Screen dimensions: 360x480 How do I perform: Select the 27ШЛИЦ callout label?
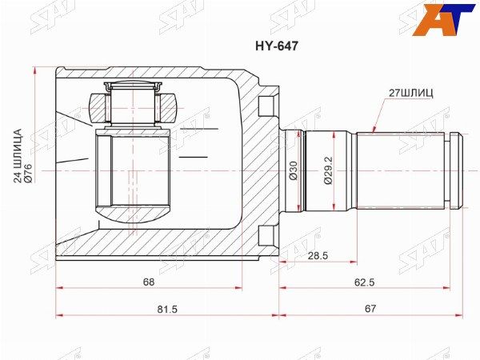click(x=411, y=94)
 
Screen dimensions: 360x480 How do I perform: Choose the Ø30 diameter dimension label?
click(x=294, y=171)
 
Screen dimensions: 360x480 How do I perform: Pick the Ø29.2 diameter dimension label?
click(x=328, y=171)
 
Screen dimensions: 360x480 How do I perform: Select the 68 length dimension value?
click(x=149, y=282)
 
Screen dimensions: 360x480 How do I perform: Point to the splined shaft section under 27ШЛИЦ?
click(x=404, y=170)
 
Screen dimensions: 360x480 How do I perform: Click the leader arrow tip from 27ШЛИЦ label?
click(x=375, y=130)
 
